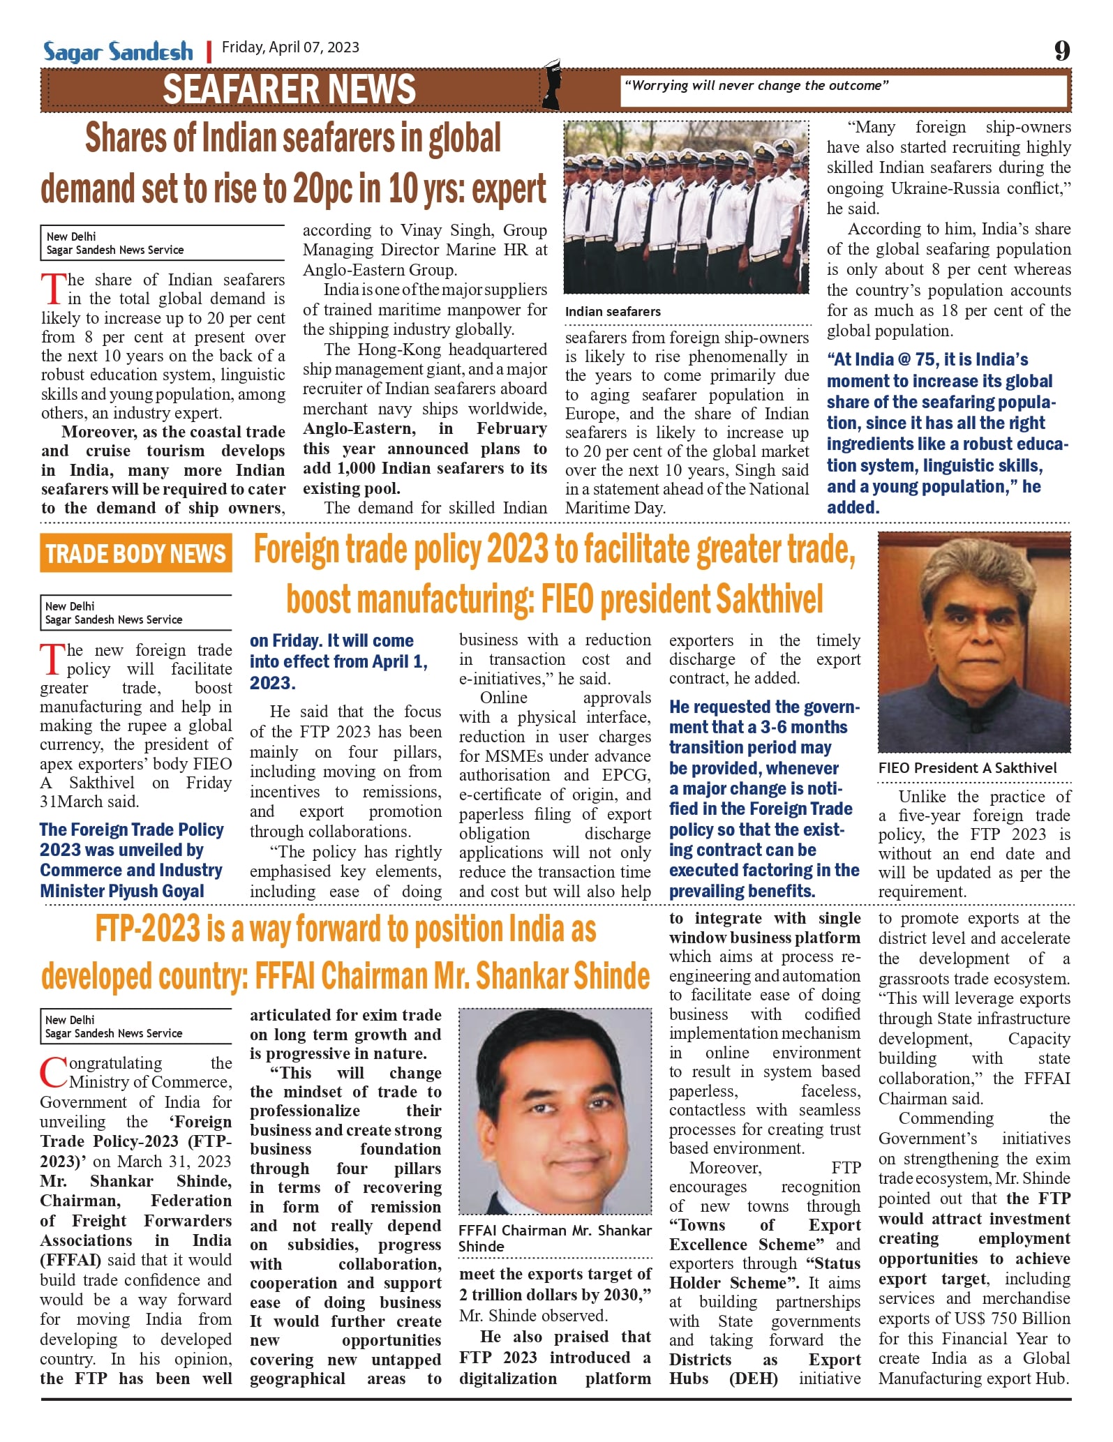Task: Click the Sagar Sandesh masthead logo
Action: pyautogui.click(x=118, y=52)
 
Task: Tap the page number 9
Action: pyautogui.click(x=1061, y=51)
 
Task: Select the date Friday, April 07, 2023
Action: pyautogui.click(x=290, y=47)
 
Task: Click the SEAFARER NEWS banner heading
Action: pyautogui.click(x=289, y=89)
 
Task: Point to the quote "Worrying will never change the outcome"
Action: pyautogui.click(x=756, y=86)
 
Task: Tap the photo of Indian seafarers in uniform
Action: pyautogui.click(x=687, y=206)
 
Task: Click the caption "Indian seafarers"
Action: pyautogui.click(x=613, y=312)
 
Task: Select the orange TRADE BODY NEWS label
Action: pyautogui.click(x=136, y=553)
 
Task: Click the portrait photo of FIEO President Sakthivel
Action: pyautogui.click(x=974, y=642)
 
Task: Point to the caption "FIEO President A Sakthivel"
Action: pyautogui.click(x=967, y=768)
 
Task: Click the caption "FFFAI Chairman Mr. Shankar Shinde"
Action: pyautogui.click(x=555, y=1238)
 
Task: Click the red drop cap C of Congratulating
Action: pyautogui.click(x=53, y=1073)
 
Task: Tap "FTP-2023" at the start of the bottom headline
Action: pyautogui.click(x=148, y=929)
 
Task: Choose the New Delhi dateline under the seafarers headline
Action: pyautogui.click(x=71, y=236)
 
